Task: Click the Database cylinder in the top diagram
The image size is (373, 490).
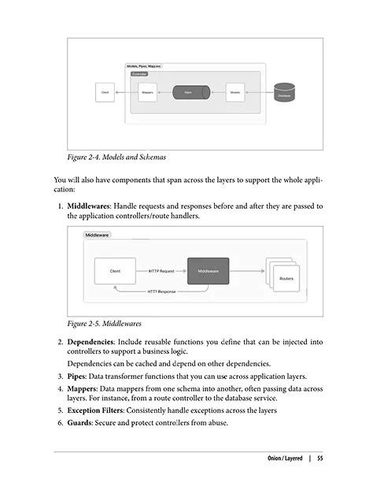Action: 284,93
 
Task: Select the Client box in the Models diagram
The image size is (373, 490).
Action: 105,93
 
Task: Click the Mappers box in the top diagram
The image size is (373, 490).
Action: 147,93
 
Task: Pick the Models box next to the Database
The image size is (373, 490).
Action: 235,93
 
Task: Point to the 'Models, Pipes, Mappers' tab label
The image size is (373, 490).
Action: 144,66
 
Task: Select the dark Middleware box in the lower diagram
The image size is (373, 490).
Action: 208,272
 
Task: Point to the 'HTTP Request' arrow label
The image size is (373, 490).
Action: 163,272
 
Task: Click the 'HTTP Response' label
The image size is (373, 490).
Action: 164,291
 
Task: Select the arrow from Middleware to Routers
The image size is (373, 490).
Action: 247,272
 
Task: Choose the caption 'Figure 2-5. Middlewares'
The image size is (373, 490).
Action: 108,323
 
